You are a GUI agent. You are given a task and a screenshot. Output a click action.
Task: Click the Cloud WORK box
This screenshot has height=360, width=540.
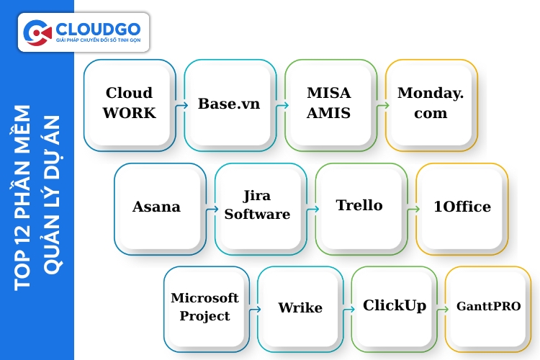pos(130,105)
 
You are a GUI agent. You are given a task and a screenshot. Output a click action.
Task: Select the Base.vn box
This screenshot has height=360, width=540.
pos(230,105)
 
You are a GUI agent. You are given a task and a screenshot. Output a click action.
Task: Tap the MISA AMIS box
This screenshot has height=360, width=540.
pos(330,105)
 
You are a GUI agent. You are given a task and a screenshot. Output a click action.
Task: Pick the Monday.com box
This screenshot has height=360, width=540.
pos(431,105)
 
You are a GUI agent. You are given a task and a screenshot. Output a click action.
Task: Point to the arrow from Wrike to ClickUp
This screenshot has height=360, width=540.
pos(347,309)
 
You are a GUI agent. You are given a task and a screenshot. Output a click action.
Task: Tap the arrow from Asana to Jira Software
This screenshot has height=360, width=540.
pos(210,209)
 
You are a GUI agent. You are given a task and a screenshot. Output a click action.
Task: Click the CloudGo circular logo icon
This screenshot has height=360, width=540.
pos(37,32)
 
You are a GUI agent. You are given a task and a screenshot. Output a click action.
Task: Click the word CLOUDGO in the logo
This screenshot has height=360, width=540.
pos(97,28)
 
